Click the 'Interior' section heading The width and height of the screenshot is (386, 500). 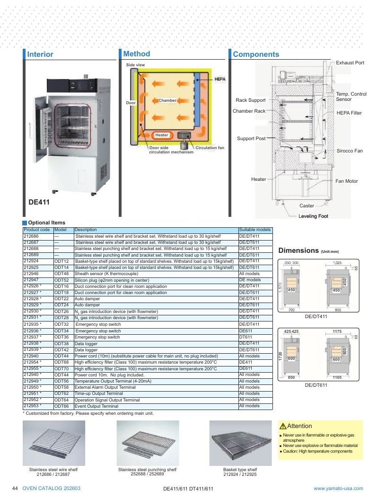(40, 54)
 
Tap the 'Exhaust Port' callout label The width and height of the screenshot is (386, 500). (350, 63)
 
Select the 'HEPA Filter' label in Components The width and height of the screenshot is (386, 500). (349, 113)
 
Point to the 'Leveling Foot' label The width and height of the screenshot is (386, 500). (313, 216)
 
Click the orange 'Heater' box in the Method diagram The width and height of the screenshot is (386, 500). (161, 135)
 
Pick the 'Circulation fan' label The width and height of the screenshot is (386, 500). (210, 148)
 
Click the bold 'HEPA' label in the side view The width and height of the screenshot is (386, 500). (220, 79)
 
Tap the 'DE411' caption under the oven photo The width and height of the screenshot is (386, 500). (39, 202)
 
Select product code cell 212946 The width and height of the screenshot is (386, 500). (31, 274)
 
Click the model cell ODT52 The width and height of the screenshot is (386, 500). (61, 280)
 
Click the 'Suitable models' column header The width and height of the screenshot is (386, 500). (255, 230)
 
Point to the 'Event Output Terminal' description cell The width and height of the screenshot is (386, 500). (96, 406)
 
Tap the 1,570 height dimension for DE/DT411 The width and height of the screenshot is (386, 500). (280, 287)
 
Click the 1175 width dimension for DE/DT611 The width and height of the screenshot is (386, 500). (337, 331)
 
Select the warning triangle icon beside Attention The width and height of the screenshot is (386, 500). (283, 426)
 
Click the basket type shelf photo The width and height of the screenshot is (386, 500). (240, 443)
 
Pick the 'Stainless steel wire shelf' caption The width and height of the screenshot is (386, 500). (53, 470)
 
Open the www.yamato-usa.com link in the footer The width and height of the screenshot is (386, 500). (338, 488)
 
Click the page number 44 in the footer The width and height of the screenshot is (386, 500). (15, 488)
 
